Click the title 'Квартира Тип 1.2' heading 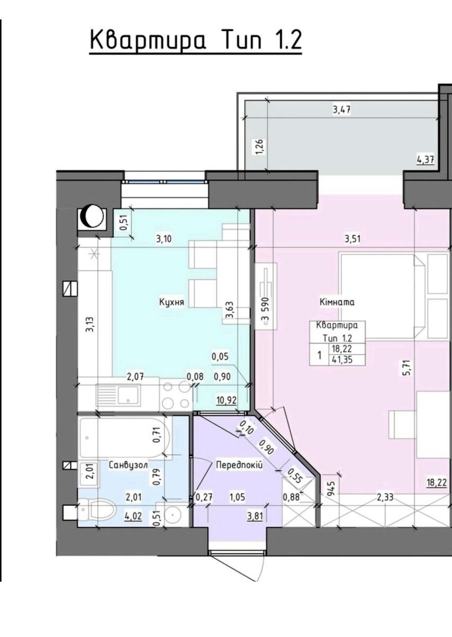point(196,41)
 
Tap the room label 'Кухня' point(171,302)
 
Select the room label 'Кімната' point(337,302)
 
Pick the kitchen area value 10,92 point(227,400)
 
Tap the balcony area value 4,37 point(425,160)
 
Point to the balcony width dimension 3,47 point(342,109)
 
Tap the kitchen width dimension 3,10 point(164,239)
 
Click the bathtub point(125,438)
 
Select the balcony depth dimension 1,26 point(260,147)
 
